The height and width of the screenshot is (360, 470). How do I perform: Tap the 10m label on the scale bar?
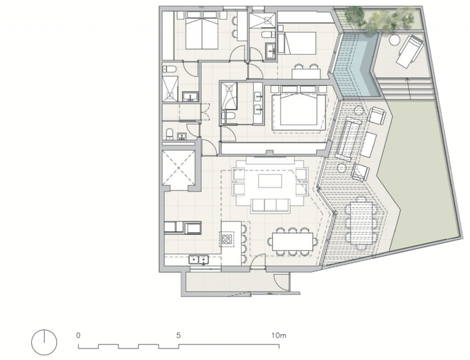pos(279,336)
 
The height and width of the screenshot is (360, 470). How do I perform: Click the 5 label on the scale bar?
pos(179,336)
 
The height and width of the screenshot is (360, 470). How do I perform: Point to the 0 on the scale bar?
pos(79,336)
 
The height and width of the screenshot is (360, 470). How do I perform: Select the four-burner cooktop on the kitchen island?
pos(227,239)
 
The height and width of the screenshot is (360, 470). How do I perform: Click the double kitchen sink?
pos(198,259)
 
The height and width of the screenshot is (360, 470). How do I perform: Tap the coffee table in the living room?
pos(270,181)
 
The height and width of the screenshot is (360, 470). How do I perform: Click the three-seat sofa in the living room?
pos(270,206)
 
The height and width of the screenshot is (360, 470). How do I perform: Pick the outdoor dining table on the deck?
pos(361,222)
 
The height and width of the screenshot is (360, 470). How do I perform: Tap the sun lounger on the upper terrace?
pos(409,51)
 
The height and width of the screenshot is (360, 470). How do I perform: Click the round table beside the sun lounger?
pos(395,40)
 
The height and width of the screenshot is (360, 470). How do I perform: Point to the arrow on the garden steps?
pos(407,89)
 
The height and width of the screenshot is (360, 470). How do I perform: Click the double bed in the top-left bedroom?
pos(202,30)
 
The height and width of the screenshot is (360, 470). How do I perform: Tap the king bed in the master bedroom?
pos(299,108)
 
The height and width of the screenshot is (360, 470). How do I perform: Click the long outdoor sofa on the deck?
pos(348,139)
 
